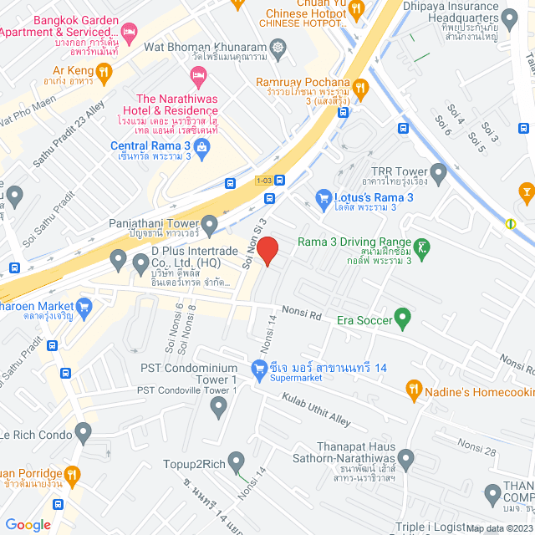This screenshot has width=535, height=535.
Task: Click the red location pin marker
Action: [267, 250]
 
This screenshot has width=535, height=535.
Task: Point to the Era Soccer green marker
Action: [402, 318]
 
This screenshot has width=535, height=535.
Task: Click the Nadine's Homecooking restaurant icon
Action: [413, 389]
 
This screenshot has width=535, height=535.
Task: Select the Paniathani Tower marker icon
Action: [209, 223]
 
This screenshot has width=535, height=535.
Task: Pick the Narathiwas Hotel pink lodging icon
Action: [198, 79]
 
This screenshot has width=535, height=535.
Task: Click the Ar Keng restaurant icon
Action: [104, 73]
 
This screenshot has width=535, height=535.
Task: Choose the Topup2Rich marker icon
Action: [237, 461]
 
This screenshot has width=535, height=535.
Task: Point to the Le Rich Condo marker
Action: [83, 432]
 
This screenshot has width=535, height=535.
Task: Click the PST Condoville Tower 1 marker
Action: [219, 408]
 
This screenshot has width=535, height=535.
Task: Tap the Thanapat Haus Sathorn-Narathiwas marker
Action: [406, 458]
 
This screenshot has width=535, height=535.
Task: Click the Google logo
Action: [28, 525]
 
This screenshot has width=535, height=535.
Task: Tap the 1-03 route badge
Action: [263, 180]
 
